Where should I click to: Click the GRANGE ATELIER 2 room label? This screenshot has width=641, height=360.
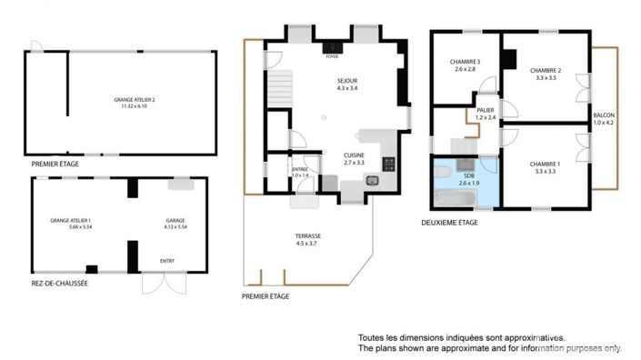point(135,100)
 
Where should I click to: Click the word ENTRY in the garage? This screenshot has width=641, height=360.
point(167,261)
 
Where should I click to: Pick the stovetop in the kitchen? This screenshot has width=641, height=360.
point(389,165)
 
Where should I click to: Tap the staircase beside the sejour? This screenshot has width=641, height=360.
point(276,89)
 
